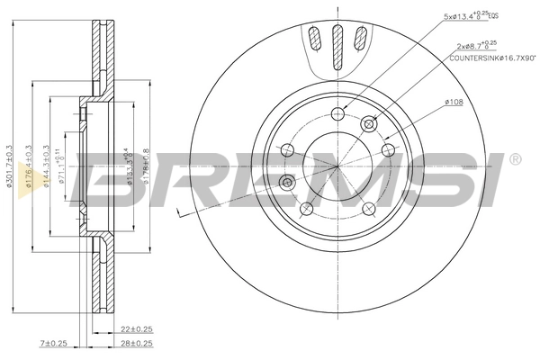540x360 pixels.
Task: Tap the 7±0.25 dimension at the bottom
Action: click(55, 344)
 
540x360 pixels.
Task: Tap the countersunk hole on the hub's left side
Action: click(287, 183)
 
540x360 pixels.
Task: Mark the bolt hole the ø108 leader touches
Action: click(388, 149)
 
